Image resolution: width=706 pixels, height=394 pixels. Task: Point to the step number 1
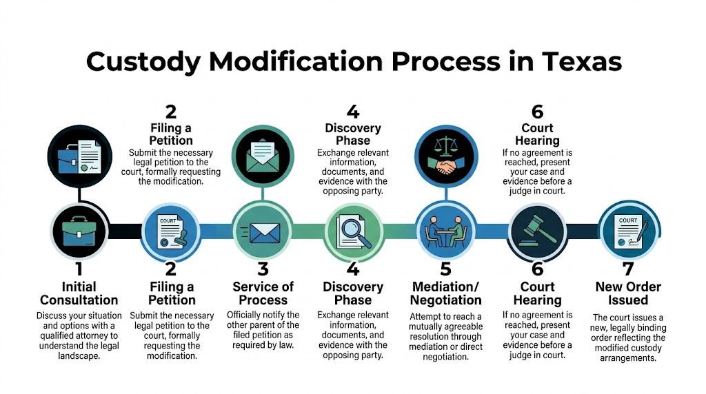tap(78, 269)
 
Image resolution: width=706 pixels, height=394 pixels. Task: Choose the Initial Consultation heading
tap(79, 293)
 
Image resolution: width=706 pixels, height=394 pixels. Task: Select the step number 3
tap(262, 269)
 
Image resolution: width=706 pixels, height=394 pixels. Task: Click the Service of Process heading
tap(262, 293)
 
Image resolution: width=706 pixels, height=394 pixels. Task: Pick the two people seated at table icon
tap(445, 233)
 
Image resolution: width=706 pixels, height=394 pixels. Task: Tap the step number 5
tap(445, 269)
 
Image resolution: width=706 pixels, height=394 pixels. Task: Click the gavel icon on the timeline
tap(536, 233)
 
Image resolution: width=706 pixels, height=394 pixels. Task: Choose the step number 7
tap(628, 269)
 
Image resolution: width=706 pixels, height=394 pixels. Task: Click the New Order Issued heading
tap(628, 293)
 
